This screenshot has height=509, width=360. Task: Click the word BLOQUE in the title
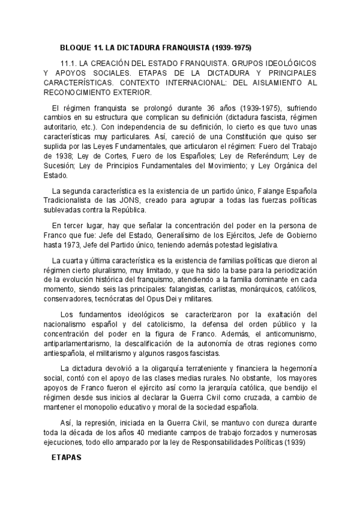[x=75, y=47]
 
